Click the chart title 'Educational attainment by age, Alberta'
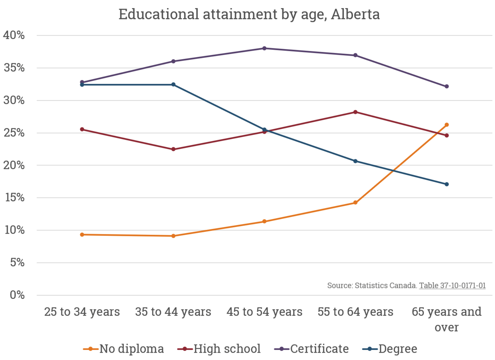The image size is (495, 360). pos(249,14)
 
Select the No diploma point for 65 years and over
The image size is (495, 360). pos(446,125)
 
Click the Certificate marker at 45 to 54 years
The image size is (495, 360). pos(265,48)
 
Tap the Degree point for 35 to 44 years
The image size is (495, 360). pos(173,84)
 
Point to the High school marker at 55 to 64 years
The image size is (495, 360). pos(355,112)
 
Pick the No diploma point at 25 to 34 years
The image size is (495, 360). pos(82,234)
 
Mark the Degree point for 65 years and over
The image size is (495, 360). pos(446,184)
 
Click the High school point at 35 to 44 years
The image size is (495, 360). pos(173,149)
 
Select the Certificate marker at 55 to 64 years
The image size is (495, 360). pos(355,55)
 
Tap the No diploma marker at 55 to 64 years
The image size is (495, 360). pos(355,203)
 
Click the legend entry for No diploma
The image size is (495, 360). pos(124,349)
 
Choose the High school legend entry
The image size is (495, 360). pos(219,349)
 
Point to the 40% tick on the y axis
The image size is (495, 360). pos(14,36)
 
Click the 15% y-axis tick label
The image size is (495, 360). pos(14,198)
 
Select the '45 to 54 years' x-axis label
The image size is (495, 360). pos(265,312)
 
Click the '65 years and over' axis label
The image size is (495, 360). pos(446,319)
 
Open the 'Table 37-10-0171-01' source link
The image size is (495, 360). pos(452,286)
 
